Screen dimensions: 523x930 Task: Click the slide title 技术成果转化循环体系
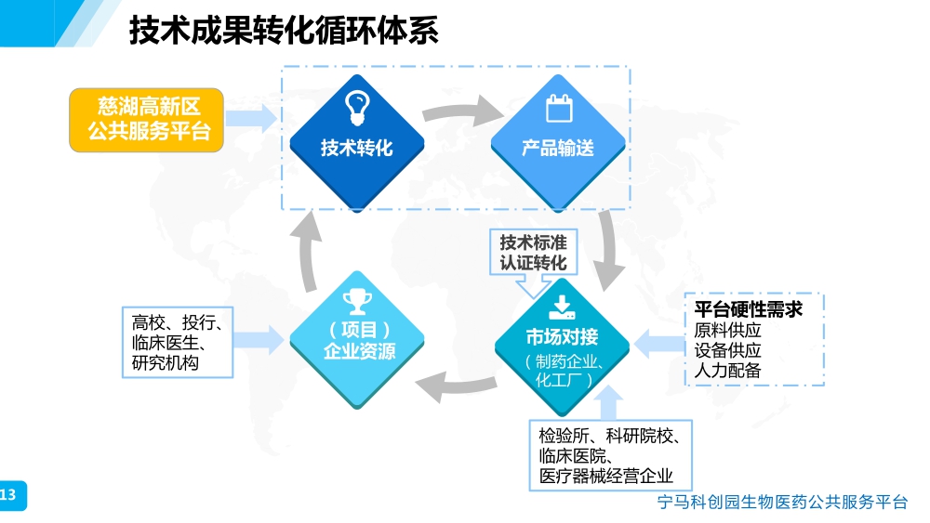point(284,33)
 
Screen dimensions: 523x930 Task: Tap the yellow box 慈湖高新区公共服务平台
point(147,119)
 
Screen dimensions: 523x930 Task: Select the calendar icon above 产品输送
point(558,109)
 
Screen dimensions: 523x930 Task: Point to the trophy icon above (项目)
point(357,300)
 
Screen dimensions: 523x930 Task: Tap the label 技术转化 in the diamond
point(357,148)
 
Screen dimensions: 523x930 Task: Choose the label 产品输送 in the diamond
point(558,148)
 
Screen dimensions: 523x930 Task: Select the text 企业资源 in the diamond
point(357,352)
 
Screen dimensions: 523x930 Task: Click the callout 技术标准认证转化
point(533,253)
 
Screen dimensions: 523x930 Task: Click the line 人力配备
point(728,370)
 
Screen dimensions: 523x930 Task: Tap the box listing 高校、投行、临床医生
point(177,343)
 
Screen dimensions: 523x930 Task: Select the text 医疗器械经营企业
point(606,477)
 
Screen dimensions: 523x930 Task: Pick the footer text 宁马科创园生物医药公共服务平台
point(781,503)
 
